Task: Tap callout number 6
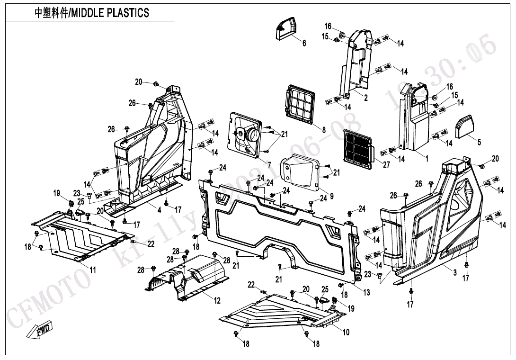tap(304, 43)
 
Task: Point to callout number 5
tap(479, 142)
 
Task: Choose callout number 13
tap(366, 293)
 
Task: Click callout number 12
tap(217, 301)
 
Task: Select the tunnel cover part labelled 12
tap(189, 277)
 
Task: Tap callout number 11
tap(93, 270)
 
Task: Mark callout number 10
tap(346, 332)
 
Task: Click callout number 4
tap(159, 209)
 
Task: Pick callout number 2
tap(365, 98)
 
